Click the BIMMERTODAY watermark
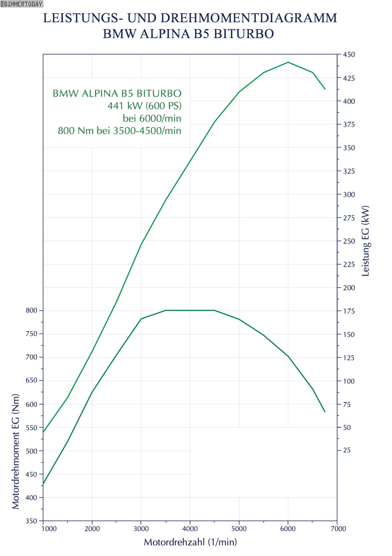click(x=22, y=4)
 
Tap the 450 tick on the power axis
click(x=349, y=54)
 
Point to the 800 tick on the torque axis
click(x=32, y=310)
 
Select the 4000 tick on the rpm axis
click(x=190, y=528)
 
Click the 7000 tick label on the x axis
click(x=338, y=528)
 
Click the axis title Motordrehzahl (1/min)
click(x=190, y=542)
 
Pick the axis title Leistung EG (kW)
click(x=366, y=241)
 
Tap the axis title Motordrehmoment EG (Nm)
click(x=16, y=451)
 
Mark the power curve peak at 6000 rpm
click(x=288, y=62)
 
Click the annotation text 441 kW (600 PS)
click(x=144, y=106)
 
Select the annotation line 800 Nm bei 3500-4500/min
click(x=119, y=131)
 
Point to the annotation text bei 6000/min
click(x=152, y=118)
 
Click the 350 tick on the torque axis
click(x=32, y=521)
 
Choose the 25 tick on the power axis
click(x=347, y=450)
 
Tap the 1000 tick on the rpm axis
click(x=49, y=528)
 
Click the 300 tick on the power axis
click(x=349, y=194)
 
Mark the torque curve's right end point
click(x=325, y=411)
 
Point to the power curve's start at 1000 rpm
click(x=43, y=432)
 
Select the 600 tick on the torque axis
click(x=32, y=404)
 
